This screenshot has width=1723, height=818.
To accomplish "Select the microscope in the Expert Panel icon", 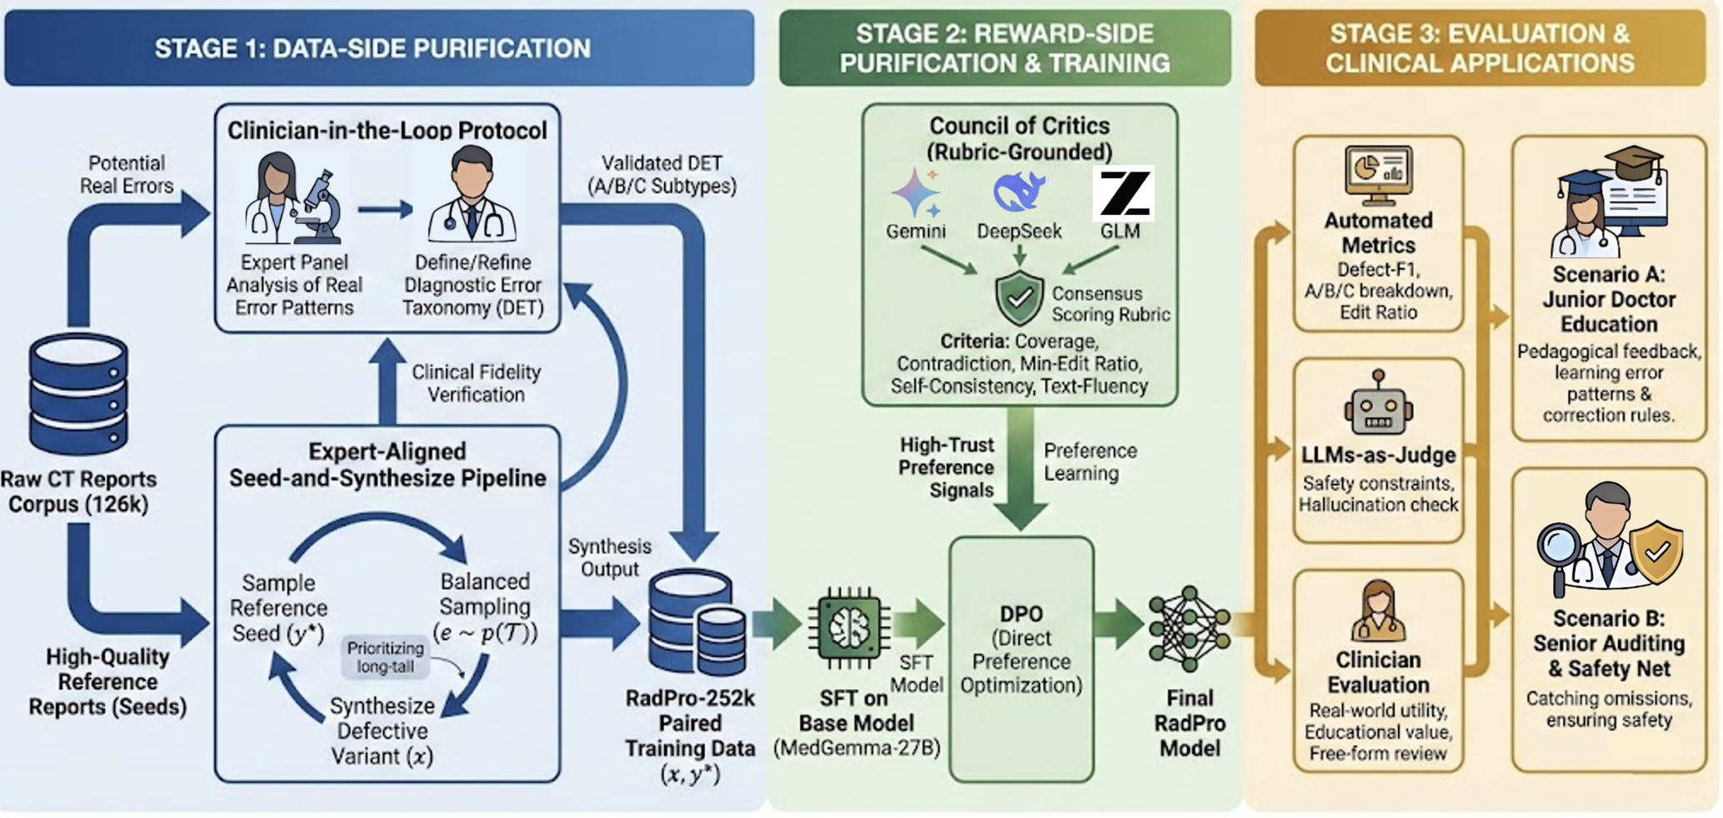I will (319, 204).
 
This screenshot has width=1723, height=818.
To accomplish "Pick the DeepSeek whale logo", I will (1019, 192).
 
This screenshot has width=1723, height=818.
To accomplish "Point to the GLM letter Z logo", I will (1123, 192).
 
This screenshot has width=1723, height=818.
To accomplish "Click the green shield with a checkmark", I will (1019, 297).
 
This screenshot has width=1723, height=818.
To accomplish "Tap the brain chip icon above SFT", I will (849, 628).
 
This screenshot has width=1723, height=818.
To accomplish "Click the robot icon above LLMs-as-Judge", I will (1378, 406).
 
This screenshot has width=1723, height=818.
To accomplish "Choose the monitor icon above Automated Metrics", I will (1378, 173).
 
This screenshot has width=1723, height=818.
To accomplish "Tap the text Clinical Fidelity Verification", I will (476, 383).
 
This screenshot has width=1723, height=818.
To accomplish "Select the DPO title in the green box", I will (1021, 614).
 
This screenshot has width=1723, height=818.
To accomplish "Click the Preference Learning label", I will (1089, 462).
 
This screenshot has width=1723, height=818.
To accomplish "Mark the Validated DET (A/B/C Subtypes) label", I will (662, 175).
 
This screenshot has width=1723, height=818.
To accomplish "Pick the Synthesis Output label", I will (609, 558).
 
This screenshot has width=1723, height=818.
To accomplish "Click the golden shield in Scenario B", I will (1656, 551).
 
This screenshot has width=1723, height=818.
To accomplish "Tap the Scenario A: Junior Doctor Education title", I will (1608, 299).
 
